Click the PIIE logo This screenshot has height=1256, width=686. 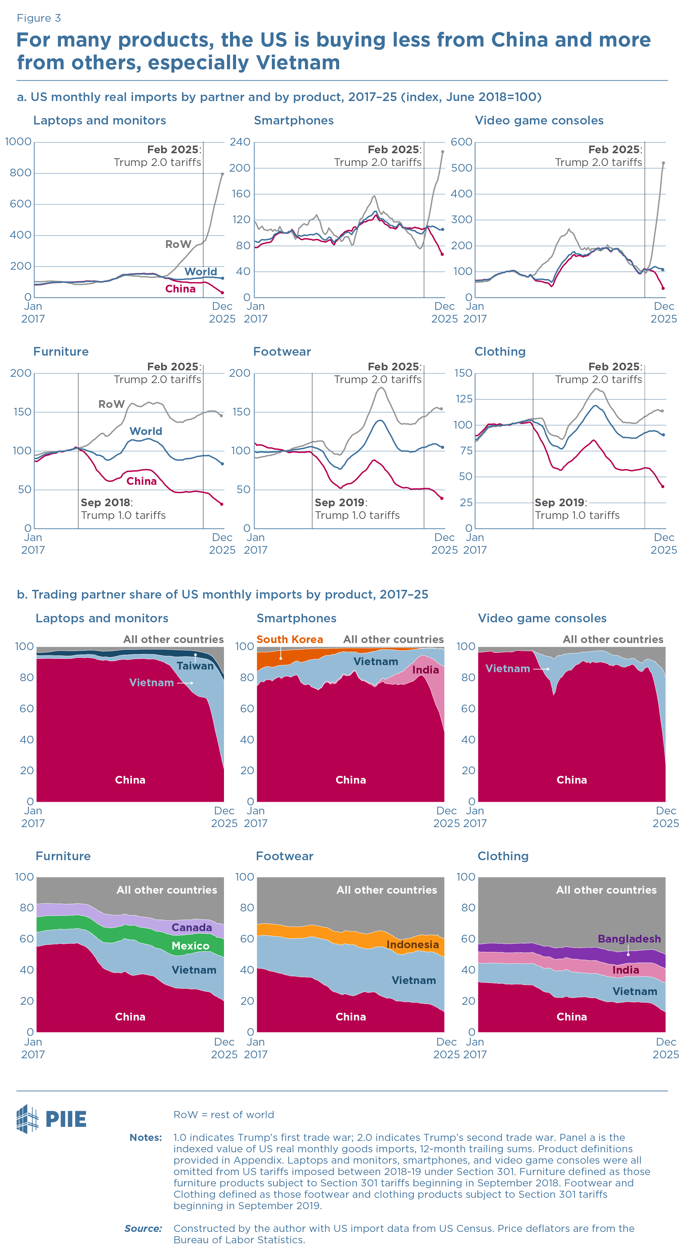click(x=51, y=1118)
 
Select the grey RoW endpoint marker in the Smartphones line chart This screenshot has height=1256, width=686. click(x=443, y=152)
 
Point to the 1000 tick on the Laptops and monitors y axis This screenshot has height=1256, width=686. click(x=18, y=142)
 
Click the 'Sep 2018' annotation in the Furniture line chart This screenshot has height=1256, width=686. click(x=106, y=503)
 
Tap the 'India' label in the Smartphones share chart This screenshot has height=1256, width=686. click(x=425, y=670)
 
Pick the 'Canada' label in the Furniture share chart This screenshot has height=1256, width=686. click(x=192, y=927)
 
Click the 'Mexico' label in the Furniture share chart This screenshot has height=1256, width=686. click(x=190, y=946)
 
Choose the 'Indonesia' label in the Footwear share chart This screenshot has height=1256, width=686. click(x=412, y=945)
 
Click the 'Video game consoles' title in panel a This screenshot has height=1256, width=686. click(x=539, y=120)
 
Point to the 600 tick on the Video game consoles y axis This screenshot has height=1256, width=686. click(x=461, y=142)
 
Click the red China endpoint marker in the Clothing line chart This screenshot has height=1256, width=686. click(x=663, y=486)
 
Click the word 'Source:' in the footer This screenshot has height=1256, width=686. click(x=143, y=1228)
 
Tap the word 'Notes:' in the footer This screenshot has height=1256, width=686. click(x=145, y=1138)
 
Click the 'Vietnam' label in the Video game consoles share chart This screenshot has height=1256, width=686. click(x=508, y=668)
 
